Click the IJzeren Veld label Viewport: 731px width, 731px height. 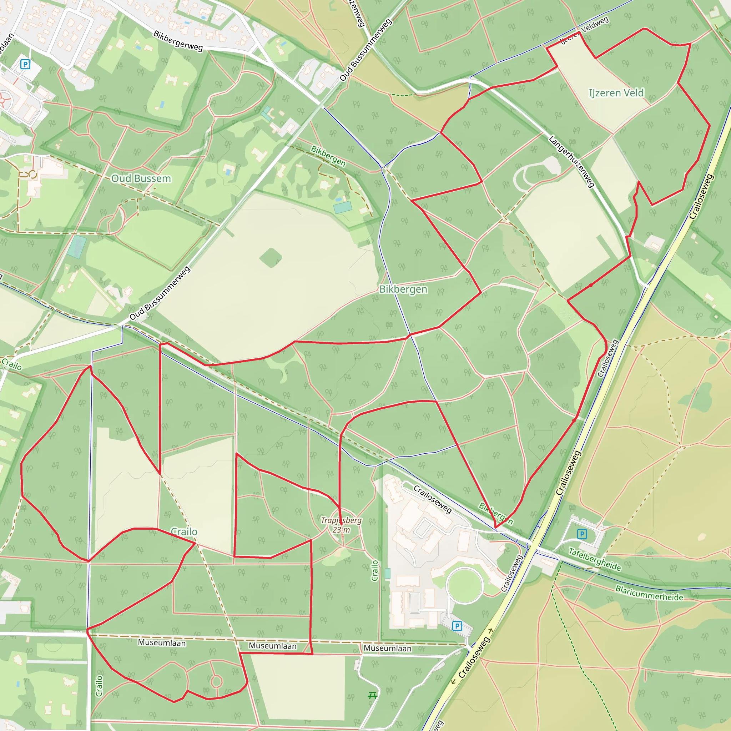[616, 93]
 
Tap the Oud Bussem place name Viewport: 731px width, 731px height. [141, 178]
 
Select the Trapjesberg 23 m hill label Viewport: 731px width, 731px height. [341, 525]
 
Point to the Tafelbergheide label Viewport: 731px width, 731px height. [594, 559]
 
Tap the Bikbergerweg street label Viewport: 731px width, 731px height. [178, 40]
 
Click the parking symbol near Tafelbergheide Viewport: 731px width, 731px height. [582, 534]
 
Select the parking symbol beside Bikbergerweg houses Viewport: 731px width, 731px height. [25, 64]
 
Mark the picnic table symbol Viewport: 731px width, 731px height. [372, 695]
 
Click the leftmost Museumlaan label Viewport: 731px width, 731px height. [162, 643]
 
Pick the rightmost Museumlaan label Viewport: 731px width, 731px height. [387, 648]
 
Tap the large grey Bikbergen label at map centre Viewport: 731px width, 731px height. [403, 289]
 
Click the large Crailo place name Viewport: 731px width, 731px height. [184, 531]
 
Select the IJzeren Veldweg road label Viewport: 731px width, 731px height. [585, 30]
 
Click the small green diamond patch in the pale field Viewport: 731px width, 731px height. [271, 258]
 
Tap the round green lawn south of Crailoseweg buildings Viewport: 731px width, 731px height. [464, 586]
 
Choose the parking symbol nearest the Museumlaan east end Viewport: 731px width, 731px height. [457, 626]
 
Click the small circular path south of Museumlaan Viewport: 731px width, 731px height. [216, 681]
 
